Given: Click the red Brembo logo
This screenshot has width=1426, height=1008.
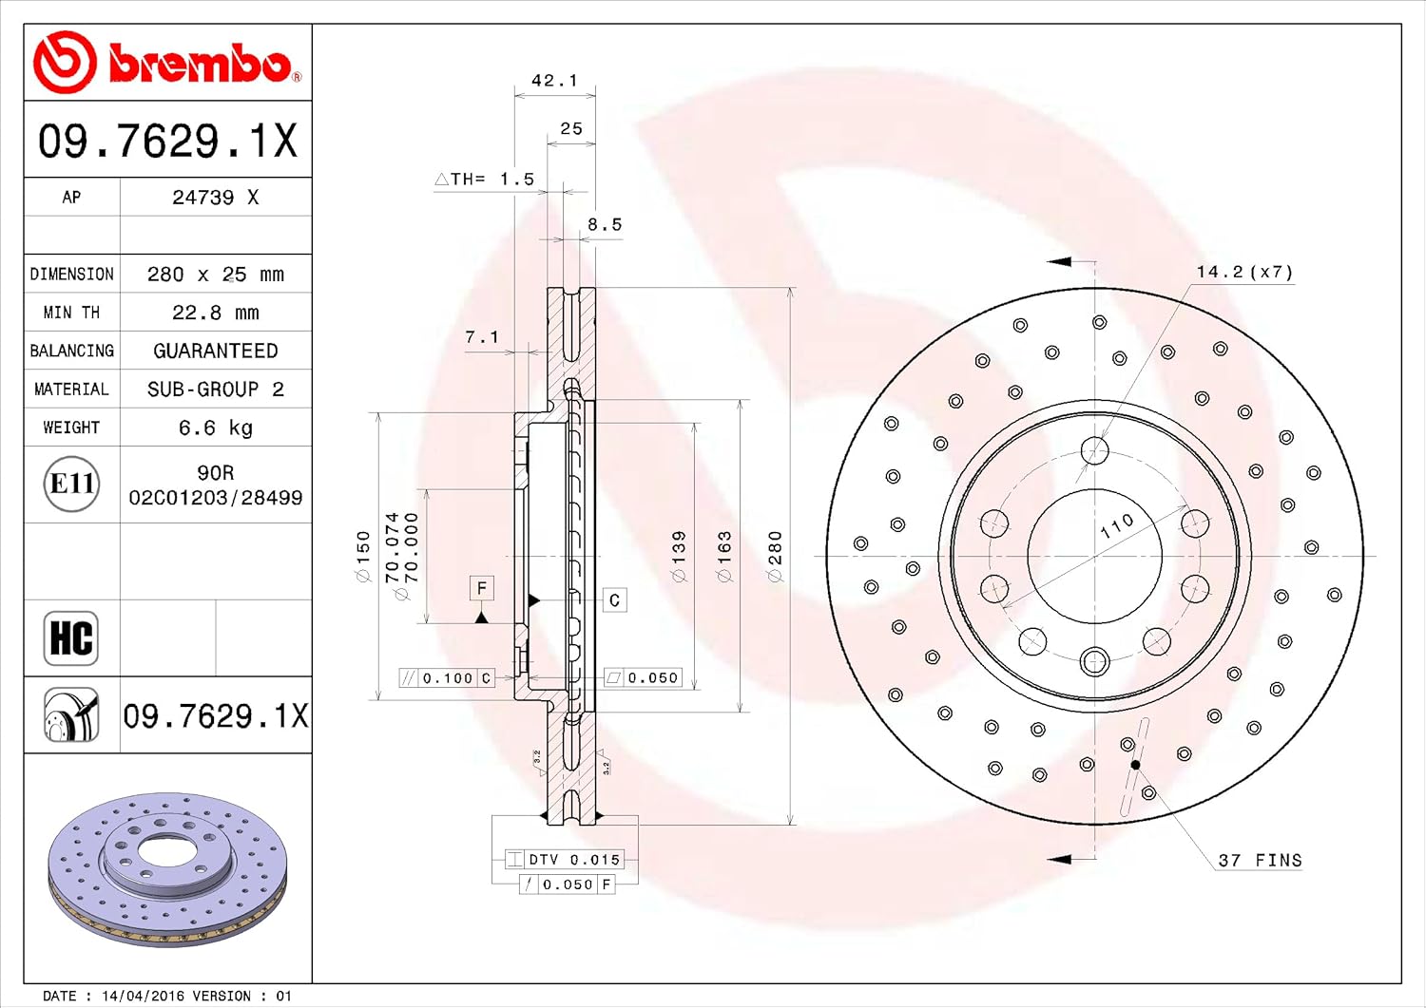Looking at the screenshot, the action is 167,62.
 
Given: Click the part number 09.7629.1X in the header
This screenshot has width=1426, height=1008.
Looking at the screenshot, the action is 168,141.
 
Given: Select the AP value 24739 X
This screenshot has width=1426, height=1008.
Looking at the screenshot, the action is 215,198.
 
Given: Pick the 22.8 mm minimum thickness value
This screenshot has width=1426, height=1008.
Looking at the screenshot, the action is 215,313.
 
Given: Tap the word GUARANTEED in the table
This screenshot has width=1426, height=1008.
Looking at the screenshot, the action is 215,351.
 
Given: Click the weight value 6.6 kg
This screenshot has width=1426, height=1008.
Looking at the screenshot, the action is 215,428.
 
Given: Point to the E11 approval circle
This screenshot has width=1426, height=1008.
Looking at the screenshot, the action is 71,485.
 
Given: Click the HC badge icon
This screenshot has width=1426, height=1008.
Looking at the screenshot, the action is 71,638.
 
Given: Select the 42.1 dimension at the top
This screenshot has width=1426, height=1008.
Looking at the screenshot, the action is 554,80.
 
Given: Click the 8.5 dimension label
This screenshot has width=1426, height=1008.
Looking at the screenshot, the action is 605,224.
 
